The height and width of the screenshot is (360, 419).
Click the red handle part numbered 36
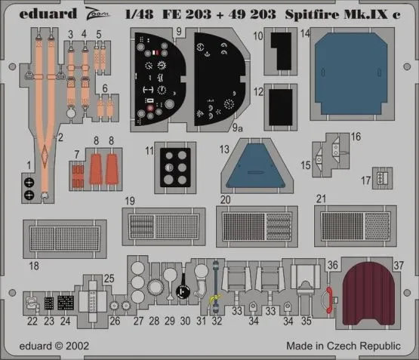point(328,298)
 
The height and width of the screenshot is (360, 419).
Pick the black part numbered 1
point(29,187)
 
